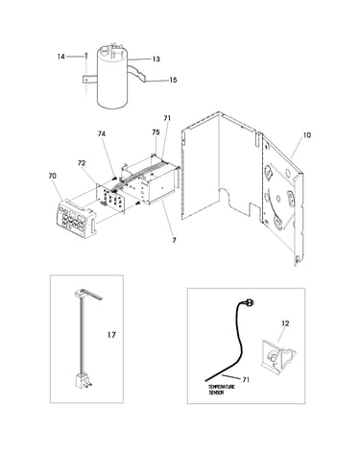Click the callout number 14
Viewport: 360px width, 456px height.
60,57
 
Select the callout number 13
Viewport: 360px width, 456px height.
156,60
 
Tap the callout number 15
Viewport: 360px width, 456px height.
173,80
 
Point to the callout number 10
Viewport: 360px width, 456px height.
306,135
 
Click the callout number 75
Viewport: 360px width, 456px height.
156,132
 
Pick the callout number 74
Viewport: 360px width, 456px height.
102,133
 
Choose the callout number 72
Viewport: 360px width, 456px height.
82,163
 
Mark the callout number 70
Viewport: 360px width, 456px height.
52,176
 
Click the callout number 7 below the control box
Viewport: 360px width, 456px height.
174,240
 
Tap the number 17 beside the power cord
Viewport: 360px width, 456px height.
111,335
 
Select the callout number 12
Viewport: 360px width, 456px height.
285,324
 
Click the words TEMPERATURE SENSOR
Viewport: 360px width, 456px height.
222,390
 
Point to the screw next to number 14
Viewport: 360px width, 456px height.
85,56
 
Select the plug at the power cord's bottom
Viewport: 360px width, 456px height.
82,381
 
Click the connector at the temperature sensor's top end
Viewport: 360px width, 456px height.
252,301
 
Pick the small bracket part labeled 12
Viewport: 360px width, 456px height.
277,357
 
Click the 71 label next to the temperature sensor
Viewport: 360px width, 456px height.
246,380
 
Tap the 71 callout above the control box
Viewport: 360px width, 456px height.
167,118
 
